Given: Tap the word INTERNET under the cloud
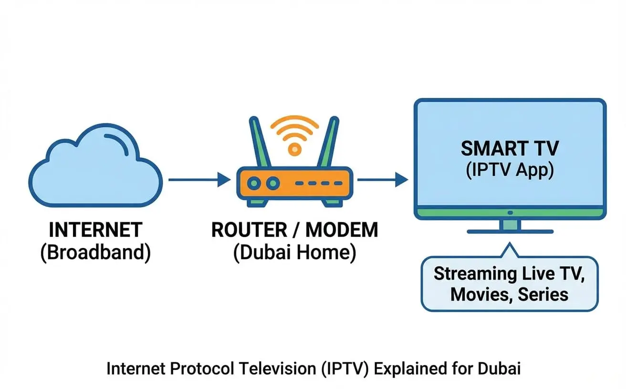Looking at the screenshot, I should pyautogui.click(x=95, y=230).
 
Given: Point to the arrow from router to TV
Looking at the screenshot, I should pyautogui.click(x=382, y=180).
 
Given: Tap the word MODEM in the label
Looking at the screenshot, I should pyautogui.click(x=342, y=230).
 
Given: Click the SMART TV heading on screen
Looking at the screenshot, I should pyautogui.click(x=510, y=149).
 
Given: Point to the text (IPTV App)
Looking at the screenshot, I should pyautogui.click(x=510, y=170).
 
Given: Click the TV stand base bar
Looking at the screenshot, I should pyautogui.click(x=510, y=231).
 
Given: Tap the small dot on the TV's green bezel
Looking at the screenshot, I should pyautogui.click(x=510, y=212).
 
